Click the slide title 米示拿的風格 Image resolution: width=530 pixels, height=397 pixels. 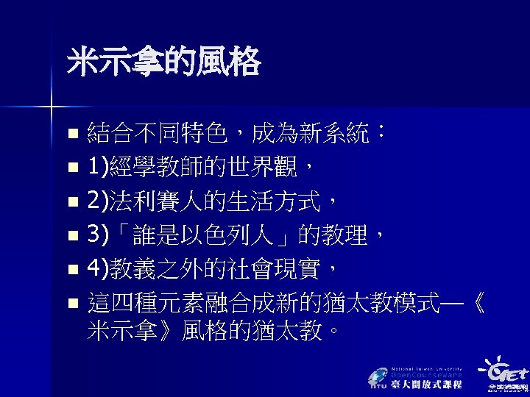pyautogui.click(x=163, y=62)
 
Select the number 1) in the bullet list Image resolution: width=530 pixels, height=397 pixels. pyautogui.click(x=98, y=168)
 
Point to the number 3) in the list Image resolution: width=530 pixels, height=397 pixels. pyautogui.click(x=98, y=235)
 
